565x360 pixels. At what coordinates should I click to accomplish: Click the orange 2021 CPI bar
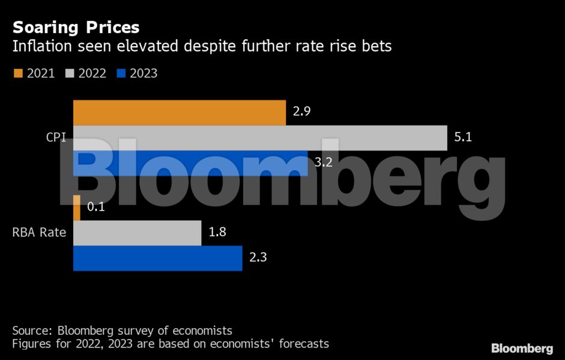tap(180, 113)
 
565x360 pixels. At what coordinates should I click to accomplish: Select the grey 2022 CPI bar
tap(260, 138)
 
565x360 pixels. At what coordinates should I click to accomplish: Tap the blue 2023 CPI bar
tap(190, 163)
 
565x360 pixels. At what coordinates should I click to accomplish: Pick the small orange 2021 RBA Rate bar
tap(77, 208)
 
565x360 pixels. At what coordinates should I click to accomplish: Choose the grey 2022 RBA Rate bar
tap(137, 233)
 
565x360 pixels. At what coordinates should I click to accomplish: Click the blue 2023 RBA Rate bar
tap(157, 258)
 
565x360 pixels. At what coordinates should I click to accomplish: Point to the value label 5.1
tap(463, 137)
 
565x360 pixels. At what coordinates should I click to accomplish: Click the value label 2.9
tap(301, 112)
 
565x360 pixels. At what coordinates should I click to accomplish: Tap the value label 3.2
tap(324, 163)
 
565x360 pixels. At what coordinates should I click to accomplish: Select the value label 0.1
tap(96, 207)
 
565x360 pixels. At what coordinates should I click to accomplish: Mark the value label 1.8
tap(217, 232)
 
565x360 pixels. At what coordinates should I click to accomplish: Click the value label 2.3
tap(258, 257)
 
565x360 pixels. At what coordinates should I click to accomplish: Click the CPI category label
tap(56, 137)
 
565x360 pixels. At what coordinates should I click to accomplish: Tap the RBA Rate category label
tap(39, 232)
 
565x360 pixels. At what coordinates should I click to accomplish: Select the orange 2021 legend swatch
tap(17, 74)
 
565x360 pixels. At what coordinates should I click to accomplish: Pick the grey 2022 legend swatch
tap(69, 74)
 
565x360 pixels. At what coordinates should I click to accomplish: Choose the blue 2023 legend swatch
tap(121, 74)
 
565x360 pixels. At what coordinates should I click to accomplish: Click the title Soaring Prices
tap(76, 27)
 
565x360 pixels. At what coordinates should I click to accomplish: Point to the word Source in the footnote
tap(30, 331)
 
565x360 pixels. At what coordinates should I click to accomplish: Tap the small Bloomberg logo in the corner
tap(522, 348)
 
